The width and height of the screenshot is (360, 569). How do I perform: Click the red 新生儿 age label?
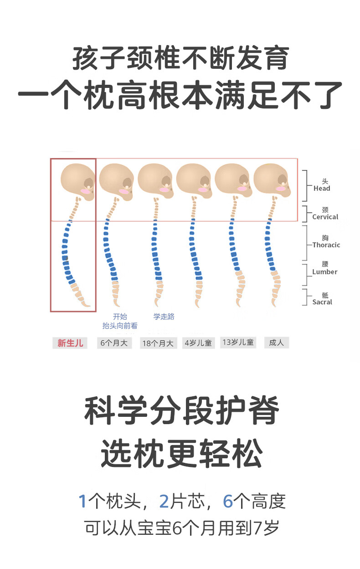[70, 343]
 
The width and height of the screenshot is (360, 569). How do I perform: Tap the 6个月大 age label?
[114, 343]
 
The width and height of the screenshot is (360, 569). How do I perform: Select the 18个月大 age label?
[158, 343]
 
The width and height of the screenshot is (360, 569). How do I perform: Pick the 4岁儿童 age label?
[198, 343]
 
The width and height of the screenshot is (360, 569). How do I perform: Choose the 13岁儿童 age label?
[238, 342]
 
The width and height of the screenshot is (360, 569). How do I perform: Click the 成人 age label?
[277, 343]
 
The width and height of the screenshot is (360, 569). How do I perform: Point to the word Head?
[322, 189]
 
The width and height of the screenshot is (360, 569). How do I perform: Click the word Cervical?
[325, 217]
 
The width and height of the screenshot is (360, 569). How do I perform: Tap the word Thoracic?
[326, 245]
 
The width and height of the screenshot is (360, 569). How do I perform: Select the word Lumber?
[325, 272]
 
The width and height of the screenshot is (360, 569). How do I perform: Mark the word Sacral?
[322, 302]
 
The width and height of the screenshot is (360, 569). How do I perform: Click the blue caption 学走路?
[164, 317]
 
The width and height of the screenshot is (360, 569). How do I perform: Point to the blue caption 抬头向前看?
[120, 326]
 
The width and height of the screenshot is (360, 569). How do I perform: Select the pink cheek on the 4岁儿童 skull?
[203, 190]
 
